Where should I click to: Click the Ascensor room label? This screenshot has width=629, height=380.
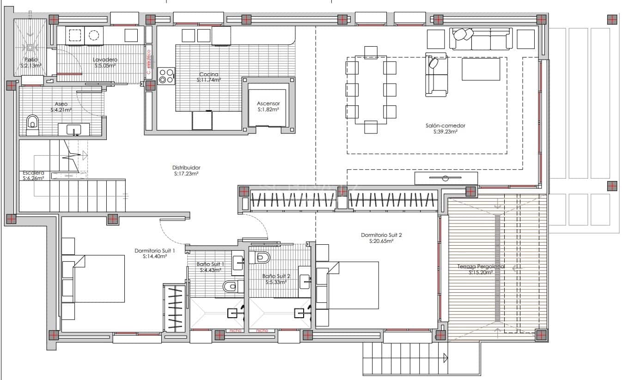[269, 103]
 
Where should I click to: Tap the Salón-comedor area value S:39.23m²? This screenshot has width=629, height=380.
[446, 132]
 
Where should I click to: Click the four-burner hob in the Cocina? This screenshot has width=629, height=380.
[166, 76]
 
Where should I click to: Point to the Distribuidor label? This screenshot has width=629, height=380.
[186, 168]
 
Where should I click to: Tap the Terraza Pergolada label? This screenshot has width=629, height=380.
[481, 266]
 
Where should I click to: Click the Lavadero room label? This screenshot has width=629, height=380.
[105, 60]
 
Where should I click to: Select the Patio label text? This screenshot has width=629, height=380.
[31, 60]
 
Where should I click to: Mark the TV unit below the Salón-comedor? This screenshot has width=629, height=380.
[446, 178]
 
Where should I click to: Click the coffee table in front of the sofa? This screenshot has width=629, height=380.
[481, 69]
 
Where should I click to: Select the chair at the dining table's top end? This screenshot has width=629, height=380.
[371, 51]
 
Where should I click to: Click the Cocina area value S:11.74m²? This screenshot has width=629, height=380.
[209, 80]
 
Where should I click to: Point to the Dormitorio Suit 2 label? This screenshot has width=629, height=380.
[381, 235]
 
